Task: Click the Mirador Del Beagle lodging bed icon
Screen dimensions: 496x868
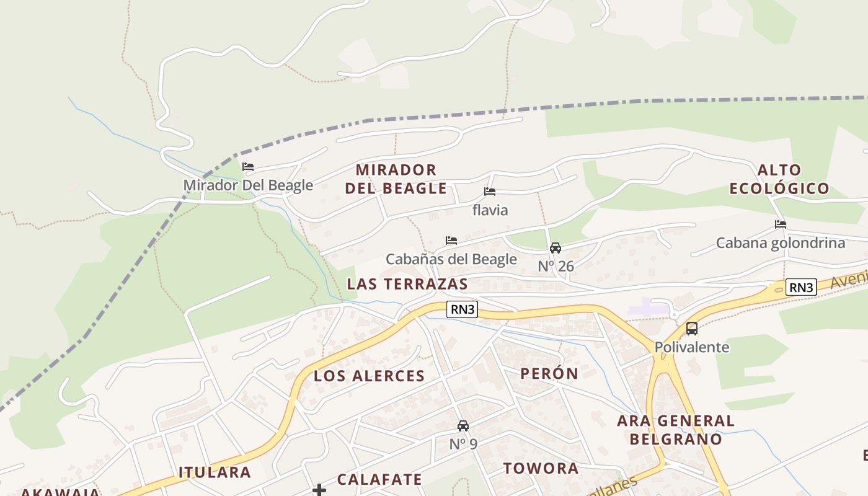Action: coord(248,167)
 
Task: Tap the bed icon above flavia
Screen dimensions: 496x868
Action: coord(490,192)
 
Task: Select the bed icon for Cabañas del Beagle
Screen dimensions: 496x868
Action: coord(451,241)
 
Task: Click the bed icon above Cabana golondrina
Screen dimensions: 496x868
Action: coord(781,224)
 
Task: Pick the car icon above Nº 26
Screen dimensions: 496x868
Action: coord(556,248)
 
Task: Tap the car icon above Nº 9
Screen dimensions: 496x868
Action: coord(463,426)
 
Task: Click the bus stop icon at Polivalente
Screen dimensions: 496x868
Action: coord(692,329)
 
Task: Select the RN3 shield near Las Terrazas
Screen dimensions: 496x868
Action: coord(463,309)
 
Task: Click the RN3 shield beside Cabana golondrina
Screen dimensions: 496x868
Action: coord(801,287)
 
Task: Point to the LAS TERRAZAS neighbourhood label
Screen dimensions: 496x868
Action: coord(407,284)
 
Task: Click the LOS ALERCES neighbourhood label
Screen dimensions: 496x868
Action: coord(370,376)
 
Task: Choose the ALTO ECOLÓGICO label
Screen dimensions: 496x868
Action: coord(779,179)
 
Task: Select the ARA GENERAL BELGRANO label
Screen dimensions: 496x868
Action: coord(676,430)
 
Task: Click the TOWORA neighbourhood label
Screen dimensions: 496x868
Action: coord(541,468)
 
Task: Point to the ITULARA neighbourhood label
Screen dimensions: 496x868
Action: coord(215,472)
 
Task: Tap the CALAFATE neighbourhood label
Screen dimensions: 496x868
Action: coord(379,479)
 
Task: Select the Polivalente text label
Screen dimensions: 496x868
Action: coord(692,347)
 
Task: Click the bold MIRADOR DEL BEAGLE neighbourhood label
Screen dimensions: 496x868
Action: coord(396,179)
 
